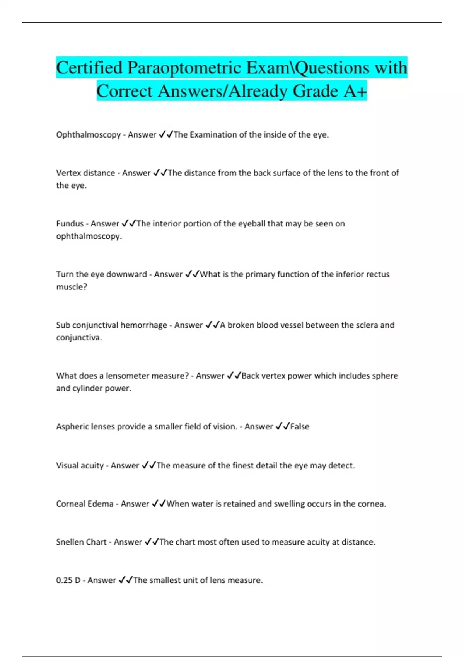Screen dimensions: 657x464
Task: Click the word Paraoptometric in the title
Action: [184, 68]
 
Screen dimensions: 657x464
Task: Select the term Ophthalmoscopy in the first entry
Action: [89, 135]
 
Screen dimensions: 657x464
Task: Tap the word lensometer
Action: [127, 376]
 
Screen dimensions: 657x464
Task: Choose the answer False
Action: [300, 427]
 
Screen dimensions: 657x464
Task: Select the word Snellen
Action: [70, 542]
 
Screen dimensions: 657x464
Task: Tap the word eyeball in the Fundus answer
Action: [252, 224]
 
